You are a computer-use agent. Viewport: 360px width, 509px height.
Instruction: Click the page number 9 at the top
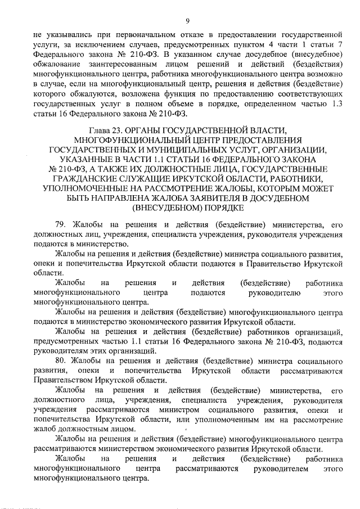[x=186, y=21]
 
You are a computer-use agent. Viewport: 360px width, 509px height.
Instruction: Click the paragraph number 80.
[x=61, y=361]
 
